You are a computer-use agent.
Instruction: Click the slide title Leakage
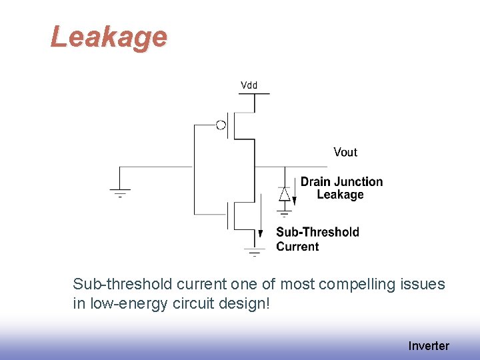109,37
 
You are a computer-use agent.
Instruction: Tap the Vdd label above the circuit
249,85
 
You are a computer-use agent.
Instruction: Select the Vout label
345,152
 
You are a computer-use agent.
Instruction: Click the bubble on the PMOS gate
221,125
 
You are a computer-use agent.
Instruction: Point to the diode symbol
284,194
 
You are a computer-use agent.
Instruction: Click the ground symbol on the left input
120,193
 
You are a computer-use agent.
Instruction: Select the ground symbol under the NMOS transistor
254,252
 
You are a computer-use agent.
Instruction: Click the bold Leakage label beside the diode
340,195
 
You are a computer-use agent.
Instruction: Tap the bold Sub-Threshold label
317,232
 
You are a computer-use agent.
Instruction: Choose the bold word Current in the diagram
297,246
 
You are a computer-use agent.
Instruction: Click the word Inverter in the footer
429,345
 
